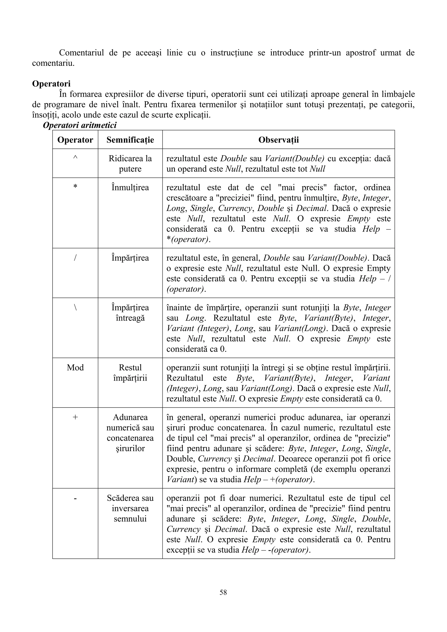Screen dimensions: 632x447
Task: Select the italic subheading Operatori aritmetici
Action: coord(80,125)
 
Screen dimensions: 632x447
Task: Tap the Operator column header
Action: coord(75,140)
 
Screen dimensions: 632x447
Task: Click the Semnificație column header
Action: coord(130,140)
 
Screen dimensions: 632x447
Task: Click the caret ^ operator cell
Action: coord(75,158)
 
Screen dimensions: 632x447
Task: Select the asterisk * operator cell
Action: coord(75,187)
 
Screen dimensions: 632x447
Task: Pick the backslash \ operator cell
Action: coord(75,307)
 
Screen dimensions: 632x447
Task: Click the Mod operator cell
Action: coord(75,367)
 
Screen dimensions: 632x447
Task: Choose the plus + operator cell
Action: coord(75,417)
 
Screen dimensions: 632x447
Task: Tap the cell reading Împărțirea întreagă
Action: coord(130,313)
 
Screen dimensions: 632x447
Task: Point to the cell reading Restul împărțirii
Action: coord(130,373)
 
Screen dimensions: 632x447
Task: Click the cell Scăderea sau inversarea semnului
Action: coord(130,508)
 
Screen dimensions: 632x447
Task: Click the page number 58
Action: coord(223,592)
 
